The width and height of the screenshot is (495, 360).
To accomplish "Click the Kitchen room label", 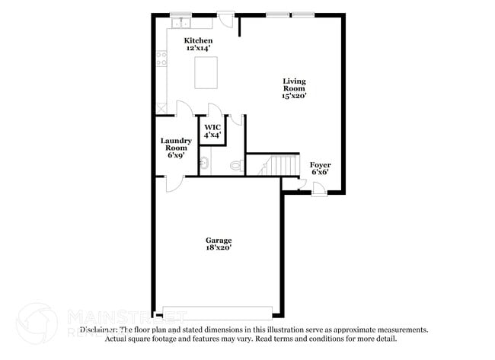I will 199,40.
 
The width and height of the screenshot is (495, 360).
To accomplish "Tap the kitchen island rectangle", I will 206,73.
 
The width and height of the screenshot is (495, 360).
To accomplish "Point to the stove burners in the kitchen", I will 161,56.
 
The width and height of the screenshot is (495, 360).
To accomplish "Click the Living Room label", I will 295,84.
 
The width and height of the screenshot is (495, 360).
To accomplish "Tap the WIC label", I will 212,126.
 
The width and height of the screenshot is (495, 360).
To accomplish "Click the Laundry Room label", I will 176,144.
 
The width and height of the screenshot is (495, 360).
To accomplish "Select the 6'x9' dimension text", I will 176,155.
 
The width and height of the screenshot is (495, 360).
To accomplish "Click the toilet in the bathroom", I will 236,164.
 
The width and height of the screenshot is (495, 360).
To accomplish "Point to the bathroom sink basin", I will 204,162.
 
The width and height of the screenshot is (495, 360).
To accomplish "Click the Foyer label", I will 320,164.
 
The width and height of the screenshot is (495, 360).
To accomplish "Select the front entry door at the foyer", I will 319,187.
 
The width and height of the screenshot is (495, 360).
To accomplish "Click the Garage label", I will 218,240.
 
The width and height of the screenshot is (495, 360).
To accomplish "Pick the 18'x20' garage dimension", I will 218,247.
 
